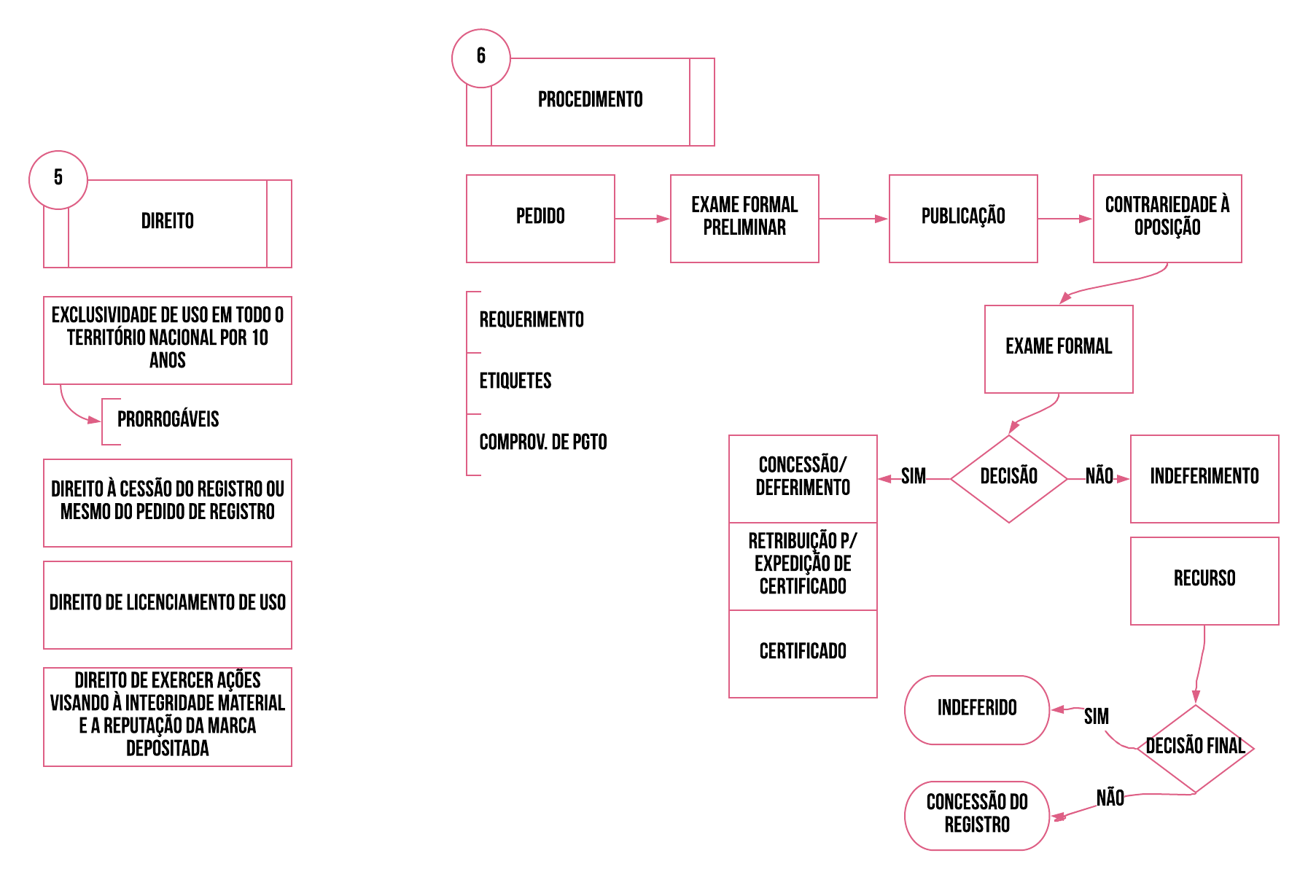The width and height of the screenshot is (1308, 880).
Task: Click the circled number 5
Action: point(58,179)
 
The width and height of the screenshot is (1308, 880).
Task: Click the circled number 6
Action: point(481,57)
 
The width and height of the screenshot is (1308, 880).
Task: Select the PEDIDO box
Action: point(540,218)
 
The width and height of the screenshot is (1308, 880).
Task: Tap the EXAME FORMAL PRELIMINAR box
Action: point(744,218)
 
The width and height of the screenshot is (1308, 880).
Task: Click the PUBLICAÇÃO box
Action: point(963,218)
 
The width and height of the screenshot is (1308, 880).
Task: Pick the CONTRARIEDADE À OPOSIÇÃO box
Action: point(1167,218)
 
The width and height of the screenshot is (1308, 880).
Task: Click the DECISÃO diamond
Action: point(1009,478)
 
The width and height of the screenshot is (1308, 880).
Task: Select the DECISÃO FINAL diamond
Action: point(1196,748)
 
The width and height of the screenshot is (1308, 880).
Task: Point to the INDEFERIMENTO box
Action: point(1204,478)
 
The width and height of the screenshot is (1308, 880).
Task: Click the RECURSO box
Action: point(1204,580)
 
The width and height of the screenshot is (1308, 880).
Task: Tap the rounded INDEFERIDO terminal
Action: point(977,709)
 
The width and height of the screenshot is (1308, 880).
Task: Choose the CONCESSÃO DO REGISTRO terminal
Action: point(977,815)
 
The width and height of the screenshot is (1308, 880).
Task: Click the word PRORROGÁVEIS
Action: point(168,420)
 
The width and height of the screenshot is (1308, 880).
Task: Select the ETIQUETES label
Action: point(515,381)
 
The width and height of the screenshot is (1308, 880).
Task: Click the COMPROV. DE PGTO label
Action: point(543,443)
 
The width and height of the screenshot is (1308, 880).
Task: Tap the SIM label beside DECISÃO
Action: point(914,477)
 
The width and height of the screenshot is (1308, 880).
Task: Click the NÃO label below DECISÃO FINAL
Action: point(1110,798)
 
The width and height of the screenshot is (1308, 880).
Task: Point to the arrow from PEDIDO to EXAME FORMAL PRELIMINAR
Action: point(642,219)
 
